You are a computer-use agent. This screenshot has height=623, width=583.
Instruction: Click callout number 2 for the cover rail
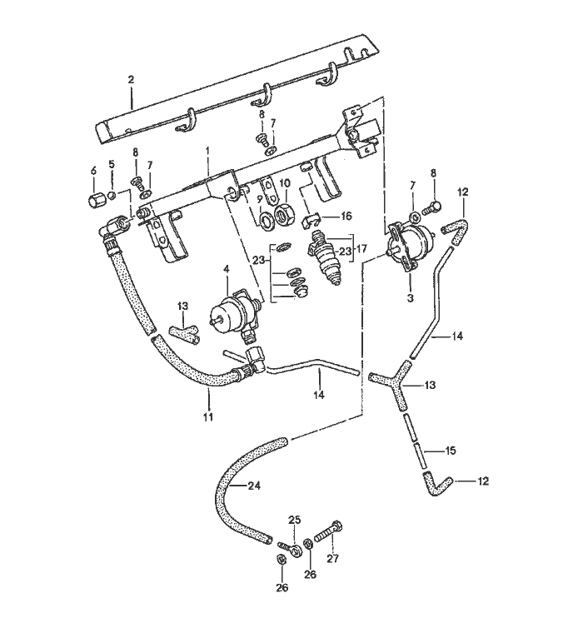[131, 79]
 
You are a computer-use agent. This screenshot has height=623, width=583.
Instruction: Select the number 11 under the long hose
[208, 415]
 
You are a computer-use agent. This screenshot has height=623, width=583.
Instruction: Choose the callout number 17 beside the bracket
[360, 247]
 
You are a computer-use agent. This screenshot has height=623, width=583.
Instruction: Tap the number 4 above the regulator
[226, 267]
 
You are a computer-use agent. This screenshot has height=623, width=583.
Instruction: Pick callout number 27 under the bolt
[333, 558]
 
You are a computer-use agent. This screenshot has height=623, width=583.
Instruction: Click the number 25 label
[293, 520]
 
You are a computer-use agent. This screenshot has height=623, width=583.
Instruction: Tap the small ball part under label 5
[111, 196]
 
